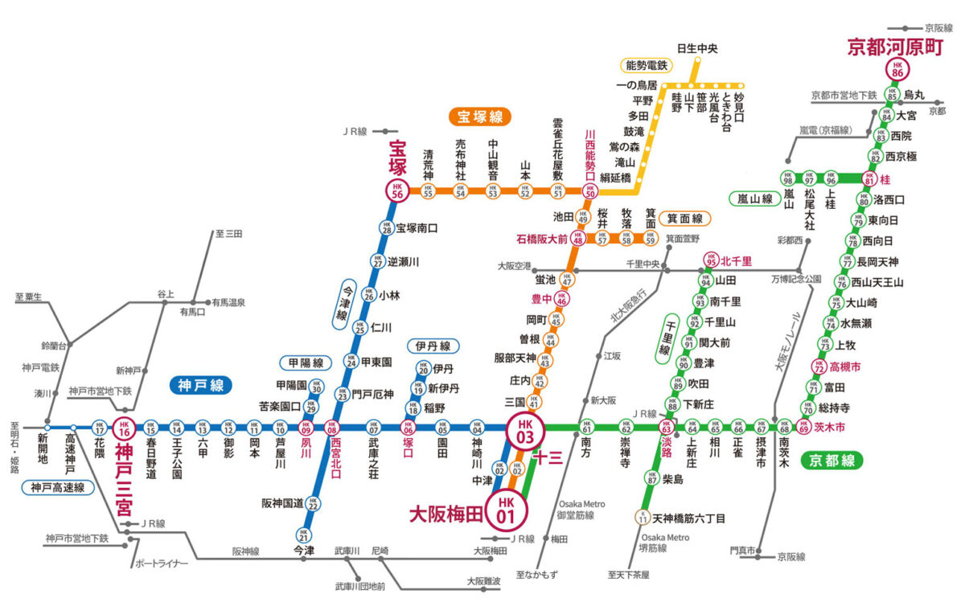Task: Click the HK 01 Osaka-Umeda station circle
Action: point(507,509)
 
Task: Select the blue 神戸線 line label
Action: point(200,386)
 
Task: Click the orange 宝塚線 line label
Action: point(480,117)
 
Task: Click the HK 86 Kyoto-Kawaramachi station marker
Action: point(897,70)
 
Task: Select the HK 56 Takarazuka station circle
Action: point(397,190)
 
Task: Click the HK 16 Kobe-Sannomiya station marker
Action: point(123,428)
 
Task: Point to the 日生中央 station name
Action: point(697,48)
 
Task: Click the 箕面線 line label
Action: point(685,218)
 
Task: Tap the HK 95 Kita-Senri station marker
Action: point(710,260)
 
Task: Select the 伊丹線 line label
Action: point(433,346)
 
